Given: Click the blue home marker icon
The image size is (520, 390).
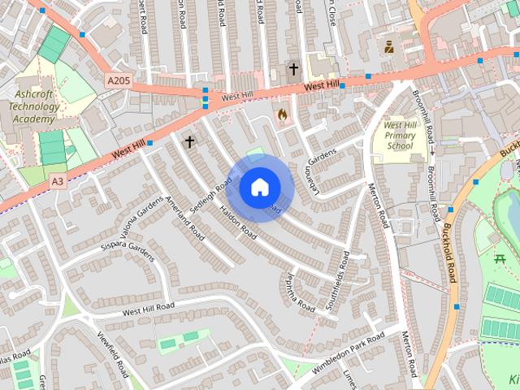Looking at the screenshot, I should click(259, 187).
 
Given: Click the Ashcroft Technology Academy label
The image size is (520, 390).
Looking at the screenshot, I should click(33, 106).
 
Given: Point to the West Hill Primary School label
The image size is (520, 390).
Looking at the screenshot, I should click(400, 136).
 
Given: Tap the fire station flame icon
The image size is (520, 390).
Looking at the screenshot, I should click(282, 115).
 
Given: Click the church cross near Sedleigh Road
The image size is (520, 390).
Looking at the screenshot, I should click(189, 141).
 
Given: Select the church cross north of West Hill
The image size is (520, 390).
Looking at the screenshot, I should click(293, 71).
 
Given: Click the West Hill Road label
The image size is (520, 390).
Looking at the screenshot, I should click(148, 309).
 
